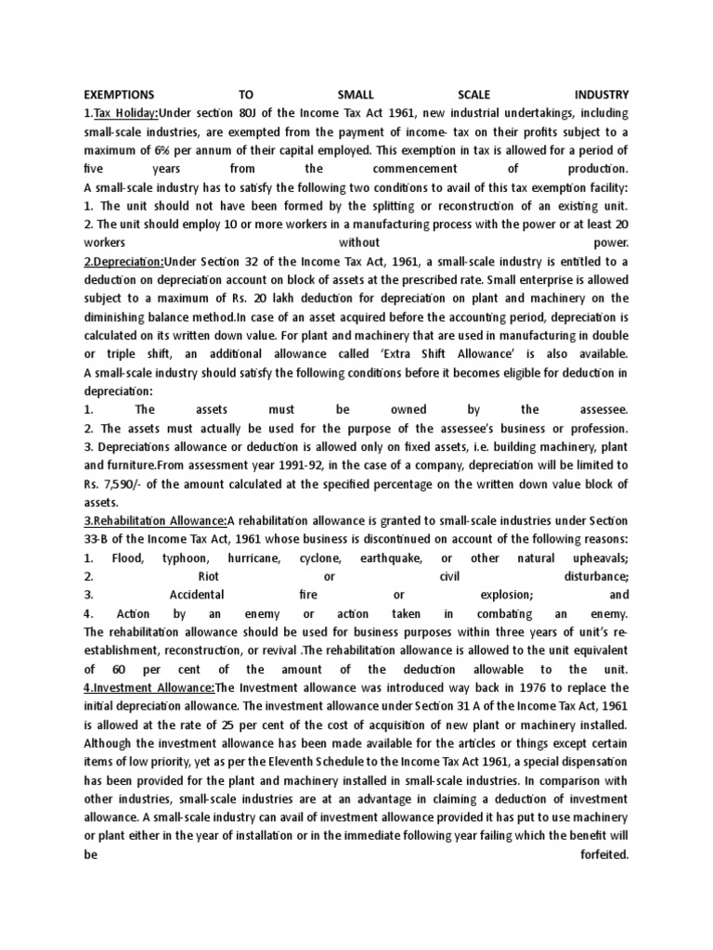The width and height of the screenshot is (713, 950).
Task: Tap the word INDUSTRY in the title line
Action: tap(602, 95)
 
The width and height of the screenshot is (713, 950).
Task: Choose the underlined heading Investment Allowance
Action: tap(149, 687)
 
